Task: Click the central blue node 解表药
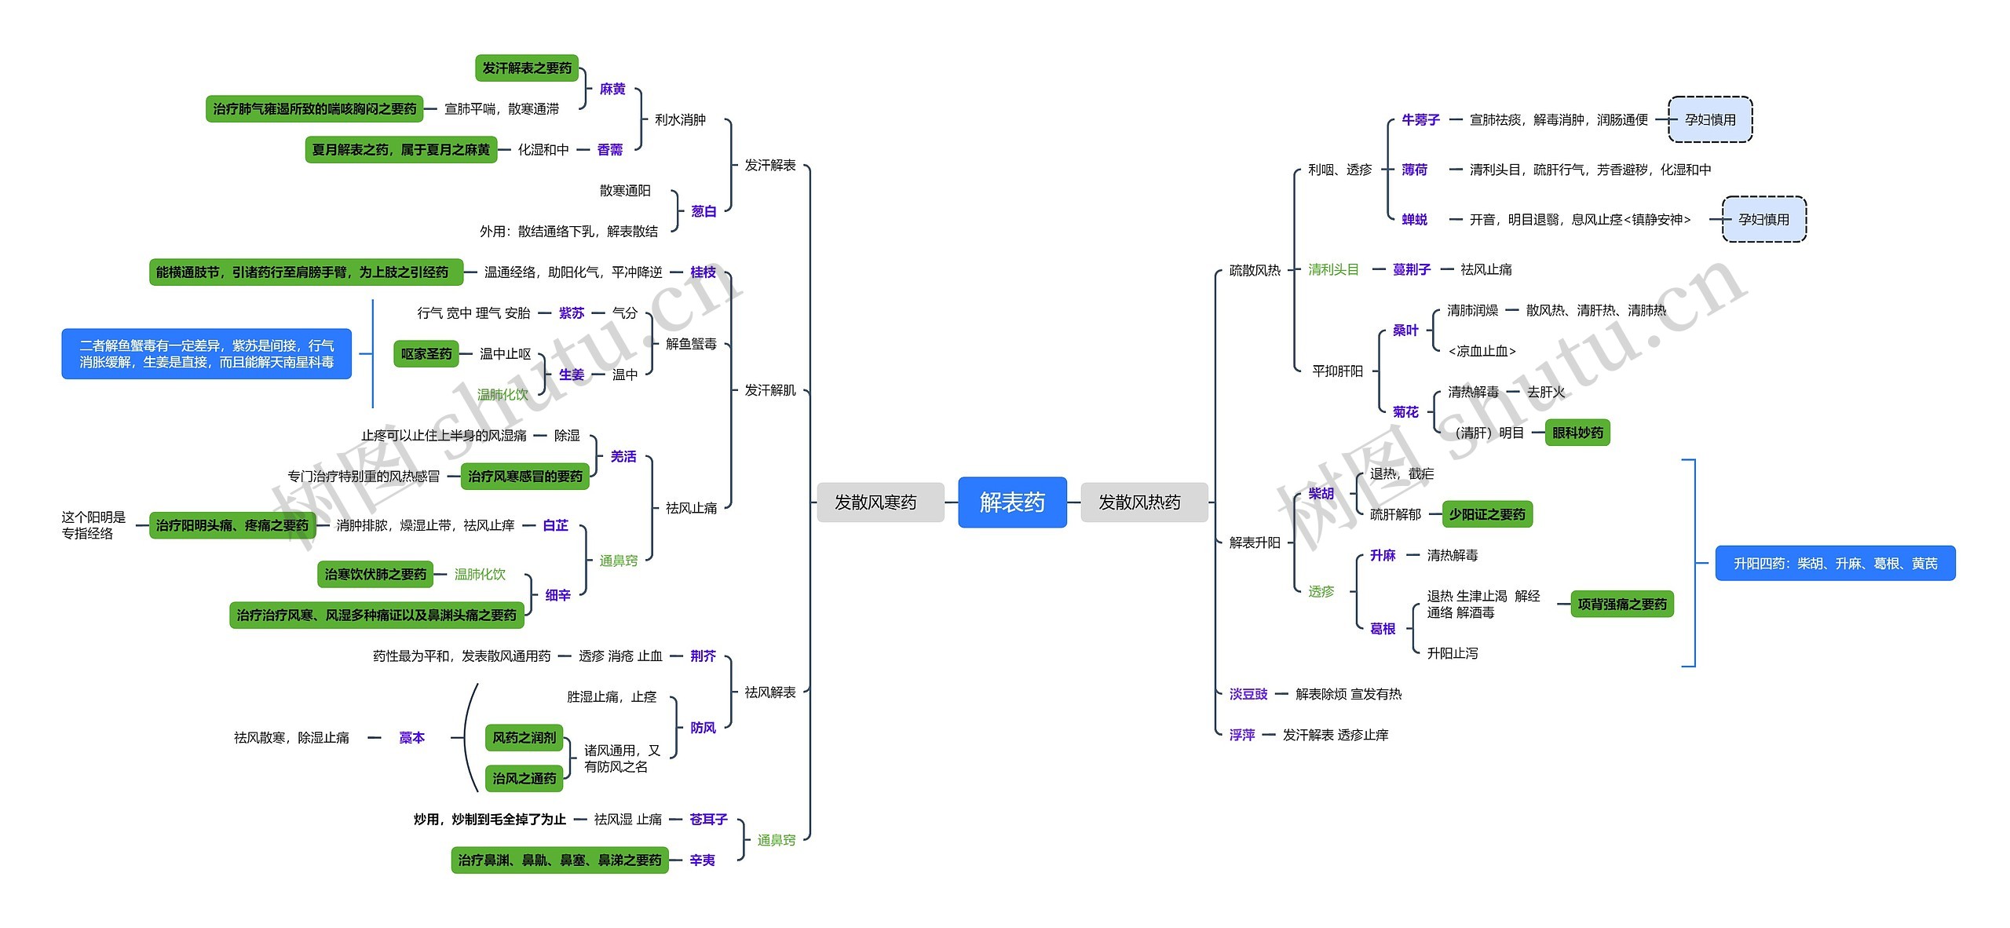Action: (x=1012, y=502)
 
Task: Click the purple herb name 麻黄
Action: (x=612, y=89)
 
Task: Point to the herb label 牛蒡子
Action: (x=1420, y=119)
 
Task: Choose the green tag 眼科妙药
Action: (x=1577, y=433)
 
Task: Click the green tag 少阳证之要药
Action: (x=1487, y=514)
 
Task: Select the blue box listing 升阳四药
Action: (x=1835, y=563)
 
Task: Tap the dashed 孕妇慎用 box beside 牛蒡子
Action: (x=1710, y=119)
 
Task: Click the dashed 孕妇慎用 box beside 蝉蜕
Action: (x=1763, y=219)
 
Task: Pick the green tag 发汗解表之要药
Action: (x=527, y=68)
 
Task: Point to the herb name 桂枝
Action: (x=703, y=272)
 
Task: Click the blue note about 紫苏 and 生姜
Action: (x=206, y=353)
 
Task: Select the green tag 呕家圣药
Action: (x=426, y=353)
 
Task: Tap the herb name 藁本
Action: (x=411, y=737)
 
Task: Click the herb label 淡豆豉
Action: (x=1248, y=693)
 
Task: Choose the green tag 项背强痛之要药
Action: (x=1622, y=604)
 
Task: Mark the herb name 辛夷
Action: (x=702, y=860)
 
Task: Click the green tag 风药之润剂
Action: (x=524, y=737)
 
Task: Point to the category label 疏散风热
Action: (x=1255, y=270)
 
